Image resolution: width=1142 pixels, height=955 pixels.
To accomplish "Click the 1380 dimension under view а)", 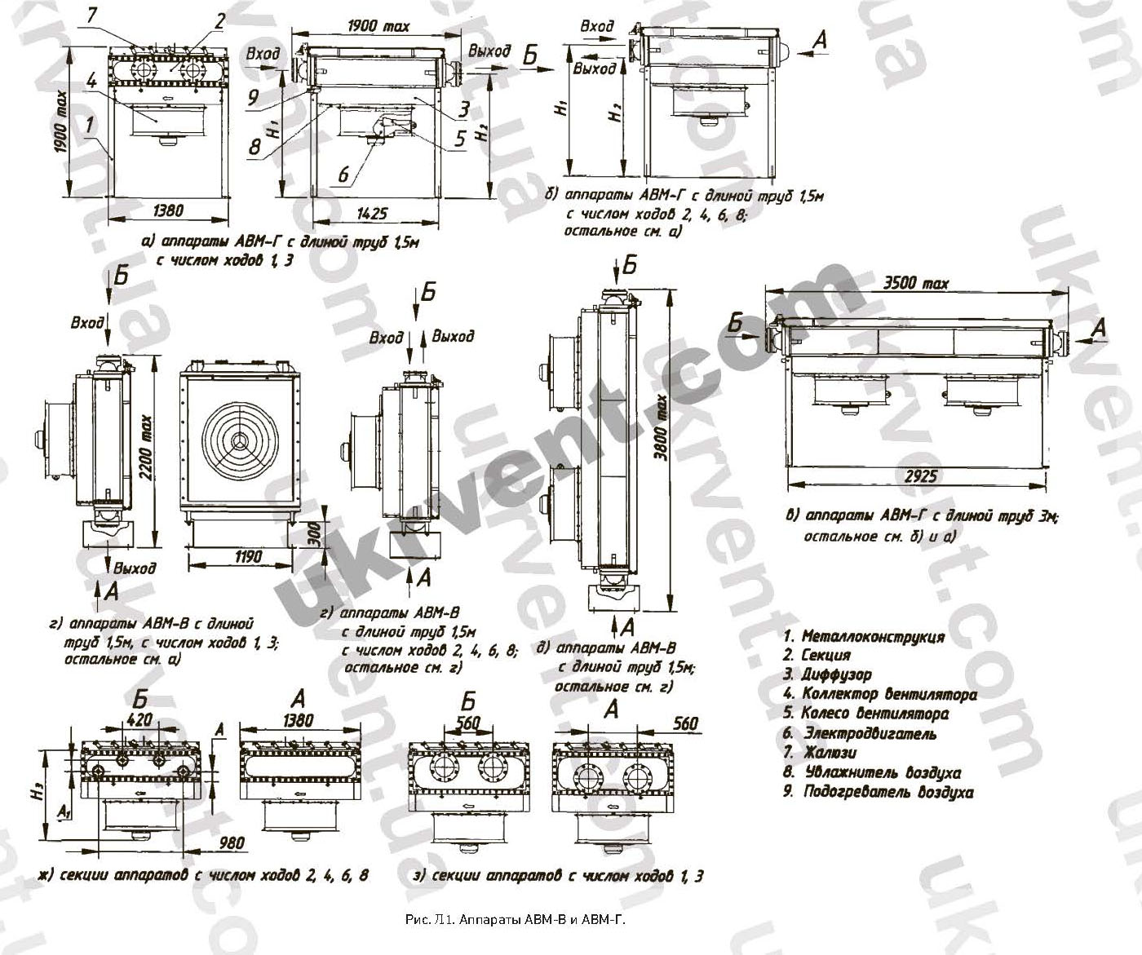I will tap(167, 210).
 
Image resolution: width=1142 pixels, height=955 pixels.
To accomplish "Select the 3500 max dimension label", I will tap(917, 284).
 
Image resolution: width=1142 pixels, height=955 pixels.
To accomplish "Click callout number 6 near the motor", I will tap(343, 175).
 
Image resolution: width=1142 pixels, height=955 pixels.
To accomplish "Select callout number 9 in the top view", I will tap(253, 95).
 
